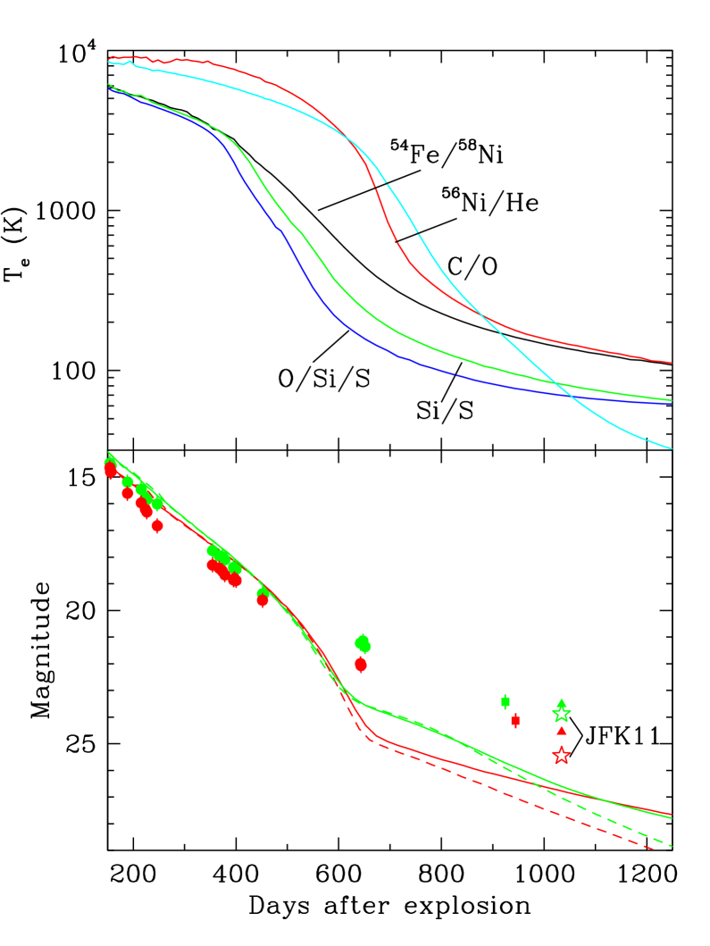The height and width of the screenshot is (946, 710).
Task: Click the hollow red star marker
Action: pyautogui.click(x=561, y=756)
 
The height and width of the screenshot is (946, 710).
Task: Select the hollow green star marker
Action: pyautogui.click(x=561, y=714)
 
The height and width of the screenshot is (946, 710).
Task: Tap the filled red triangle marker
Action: pyautogui.click(x=561, y=731)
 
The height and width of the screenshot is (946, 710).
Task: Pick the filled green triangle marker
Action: pyautogui.click(x=561, y=703)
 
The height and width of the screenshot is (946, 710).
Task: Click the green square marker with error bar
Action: pyautogui.click(x=505, y=701)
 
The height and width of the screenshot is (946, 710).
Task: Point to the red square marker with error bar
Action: pyautogui.click(x=515, y=720)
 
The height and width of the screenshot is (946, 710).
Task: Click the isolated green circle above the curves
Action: pyautogui.click(x=363, y=643)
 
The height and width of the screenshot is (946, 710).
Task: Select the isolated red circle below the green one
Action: pyautogui.click(x=361, y=664)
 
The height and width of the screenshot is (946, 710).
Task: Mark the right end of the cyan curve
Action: pyautogui.click(x=671, y=448)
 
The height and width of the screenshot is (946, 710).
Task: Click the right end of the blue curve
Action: pyautogui.click(x=671, y=404)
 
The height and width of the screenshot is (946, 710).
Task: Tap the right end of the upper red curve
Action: pyautogui.click(x=671, y=363)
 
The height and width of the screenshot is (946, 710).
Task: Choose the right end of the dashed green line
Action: pyautogui.click(x=670, y=845)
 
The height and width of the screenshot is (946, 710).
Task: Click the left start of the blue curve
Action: pyautogui.click(x=109, y=88)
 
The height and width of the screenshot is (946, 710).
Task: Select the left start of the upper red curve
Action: pyautogui.click(x=109, y=60)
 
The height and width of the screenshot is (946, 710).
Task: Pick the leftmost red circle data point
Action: pyautogui.click(x=110, y=469)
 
